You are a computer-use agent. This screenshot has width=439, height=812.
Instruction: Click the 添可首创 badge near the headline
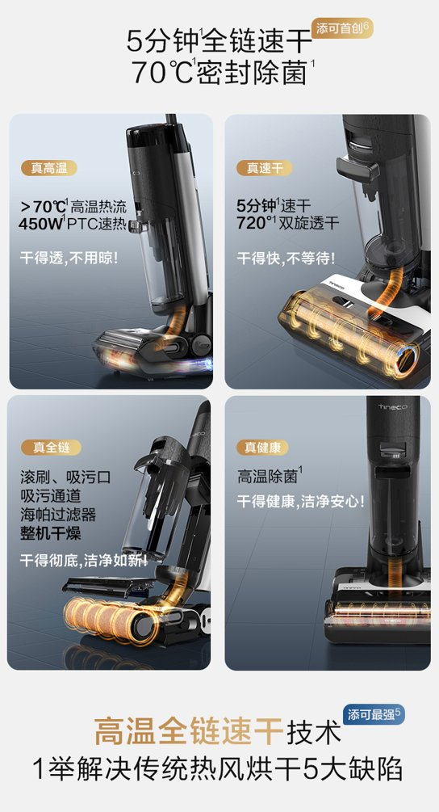tap(342, 29)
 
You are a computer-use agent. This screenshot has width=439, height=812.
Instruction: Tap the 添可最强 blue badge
tap(374, 715)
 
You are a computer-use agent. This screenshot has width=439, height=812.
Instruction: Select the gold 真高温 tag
tap(49, 168)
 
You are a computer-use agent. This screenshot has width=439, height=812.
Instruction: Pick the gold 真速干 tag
tap(265, 168)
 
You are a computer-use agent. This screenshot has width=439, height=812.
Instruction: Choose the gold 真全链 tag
tap(51, 447)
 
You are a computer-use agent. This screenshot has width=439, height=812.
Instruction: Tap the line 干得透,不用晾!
tap(69, 258)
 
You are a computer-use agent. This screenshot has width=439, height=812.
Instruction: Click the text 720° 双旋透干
tap(288, 223)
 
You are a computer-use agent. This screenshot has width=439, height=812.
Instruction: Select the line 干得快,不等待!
tap(286, 258)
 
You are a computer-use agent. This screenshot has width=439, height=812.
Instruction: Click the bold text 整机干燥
tap(51, 533)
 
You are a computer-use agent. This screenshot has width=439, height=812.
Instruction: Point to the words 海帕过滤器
tap(58, 514)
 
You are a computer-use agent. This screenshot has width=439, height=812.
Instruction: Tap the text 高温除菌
tap(270, 475)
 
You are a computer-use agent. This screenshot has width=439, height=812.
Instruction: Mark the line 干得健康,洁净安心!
tap(301, 501)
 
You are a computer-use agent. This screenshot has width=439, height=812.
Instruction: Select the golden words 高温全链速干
tap(188, 732)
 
